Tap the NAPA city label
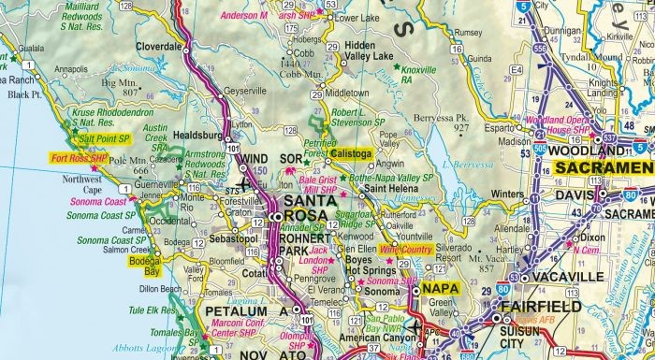pyautogui.click(x=439, y=290)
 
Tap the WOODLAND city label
pyautogui.click(x=584, y=151)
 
